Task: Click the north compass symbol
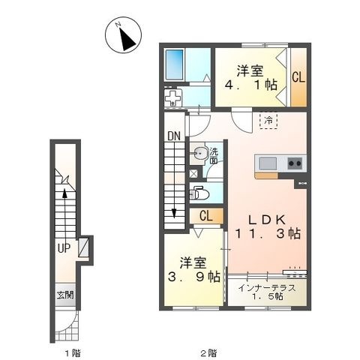pos(123,35)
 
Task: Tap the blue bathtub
pos(175,64)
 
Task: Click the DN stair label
pos(174,136)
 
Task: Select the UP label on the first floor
pos(64,248)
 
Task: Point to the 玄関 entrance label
pos(65,295)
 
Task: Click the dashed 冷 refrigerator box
pos(268,121)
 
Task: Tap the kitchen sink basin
pos(268,163)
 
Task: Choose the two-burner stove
pos(295,163)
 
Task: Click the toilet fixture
pos(199,193)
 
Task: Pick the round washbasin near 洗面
pos(199,153)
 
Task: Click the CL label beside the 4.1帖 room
pos(298,77)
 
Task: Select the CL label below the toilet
pos(206,216)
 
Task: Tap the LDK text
pos(267,220)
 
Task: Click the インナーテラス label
pos(267,288)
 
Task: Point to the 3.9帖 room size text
pos(193,277)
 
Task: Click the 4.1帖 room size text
pos(250,85)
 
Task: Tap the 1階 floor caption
pos(73,353)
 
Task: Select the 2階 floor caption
pos(208,353)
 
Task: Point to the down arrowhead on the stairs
pos(174,214)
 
